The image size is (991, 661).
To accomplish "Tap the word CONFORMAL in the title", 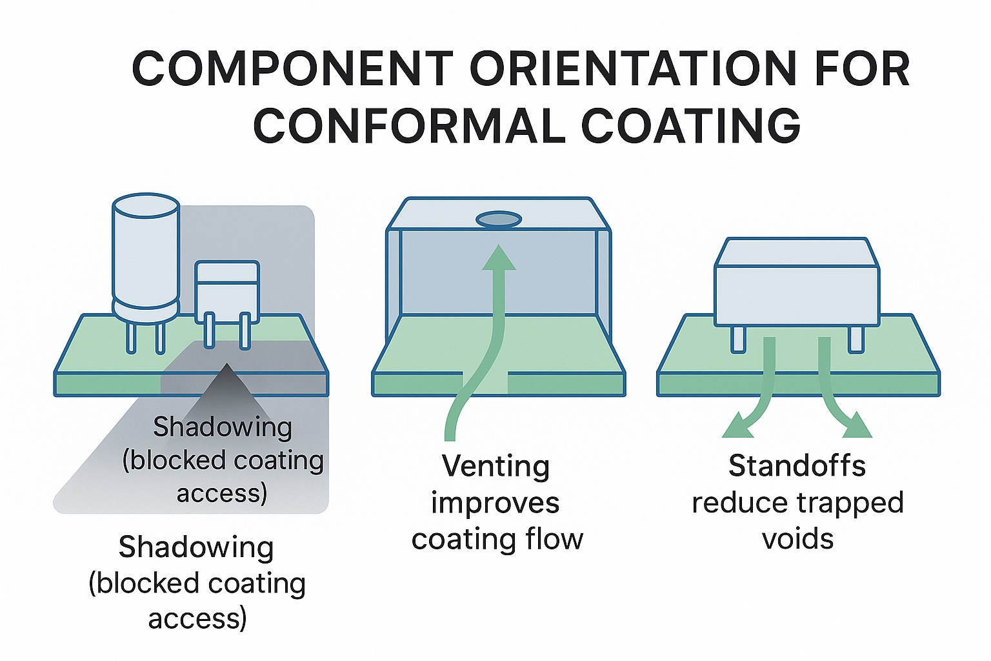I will (x=409, y=126).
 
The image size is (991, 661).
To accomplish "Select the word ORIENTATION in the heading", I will (x=633, y=68).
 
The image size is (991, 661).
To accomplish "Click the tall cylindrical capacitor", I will (x=146, y=258).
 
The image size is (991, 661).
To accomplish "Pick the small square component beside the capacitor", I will (x=227, y=290).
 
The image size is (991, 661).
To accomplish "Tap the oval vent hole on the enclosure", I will (x=499, y=220).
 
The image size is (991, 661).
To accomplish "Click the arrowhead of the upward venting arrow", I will (x=499, y=258).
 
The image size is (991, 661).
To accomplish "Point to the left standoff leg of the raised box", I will (x=738, y=339).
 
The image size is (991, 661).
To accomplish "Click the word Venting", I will (x=495, y=466).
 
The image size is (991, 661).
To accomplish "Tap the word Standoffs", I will (x=797, y=466).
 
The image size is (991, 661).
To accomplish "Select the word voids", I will (x=797, y=538).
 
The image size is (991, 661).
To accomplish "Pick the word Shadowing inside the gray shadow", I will (x=223, y=427).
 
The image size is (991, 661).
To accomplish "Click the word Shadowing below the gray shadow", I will (x=196, y=547).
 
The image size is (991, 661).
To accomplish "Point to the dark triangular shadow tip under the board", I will (x=226, y=378).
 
